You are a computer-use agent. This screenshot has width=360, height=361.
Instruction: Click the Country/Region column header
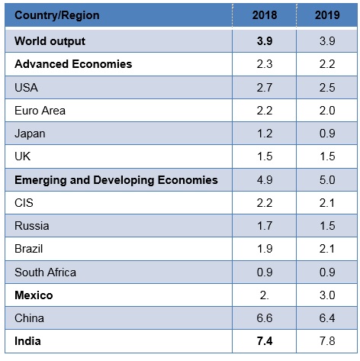57,15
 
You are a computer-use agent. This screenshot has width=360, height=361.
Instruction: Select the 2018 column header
265,15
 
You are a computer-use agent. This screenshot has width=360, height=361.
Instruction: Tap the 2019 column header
327,15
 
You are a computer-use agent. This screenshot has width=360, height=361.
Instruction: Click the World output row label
50,41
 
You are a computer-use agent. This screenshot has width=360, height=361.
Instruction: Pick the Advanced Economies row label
73,64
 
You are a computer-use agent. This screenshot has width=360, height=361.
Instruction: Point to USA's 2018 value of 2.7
265,88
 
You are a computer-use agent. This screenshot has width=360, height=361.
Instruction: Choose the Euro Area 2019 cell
327,111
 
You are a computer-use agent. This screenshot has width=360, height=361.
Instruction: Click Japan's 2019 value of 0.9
327,134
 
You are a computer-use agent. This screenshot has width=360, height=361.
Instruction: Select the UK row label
22,156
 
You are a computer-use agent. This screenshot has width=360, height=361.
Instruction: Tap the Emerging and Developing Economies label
116,180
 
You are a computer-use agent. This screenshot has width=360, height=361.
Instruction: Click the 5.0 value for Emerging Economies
327,180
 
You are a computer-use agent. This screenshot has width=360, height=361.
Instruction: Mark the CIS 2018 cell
265,203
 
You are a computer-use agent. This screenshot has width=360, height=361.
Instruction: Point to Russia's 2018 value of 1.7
265,226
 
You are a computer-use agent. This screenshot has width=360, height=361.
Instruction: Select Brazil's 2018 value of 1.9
265,249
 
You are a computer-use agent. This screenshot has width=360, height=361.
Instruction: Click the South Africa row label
45,272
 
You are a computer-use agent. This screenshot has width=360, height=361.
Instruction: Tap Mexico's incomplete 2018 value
264,295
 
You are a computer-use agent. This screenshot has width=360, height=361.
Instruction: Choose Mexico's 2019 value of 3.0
327,295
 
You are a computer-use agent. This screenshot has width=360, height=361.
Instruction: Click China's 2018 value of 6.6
265,318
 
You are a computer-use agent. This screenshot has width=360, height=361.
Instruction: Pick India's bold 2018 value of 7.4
265,341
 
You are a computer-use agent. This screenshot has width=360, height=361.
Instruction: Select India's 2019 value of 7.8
327,341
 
